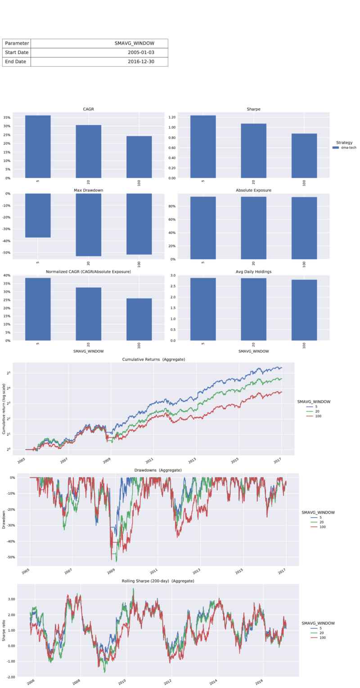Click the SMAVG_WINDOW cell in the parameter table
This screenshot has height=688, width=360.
point(134,43)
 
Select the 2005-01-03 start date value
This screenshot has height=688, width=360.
point(141,52)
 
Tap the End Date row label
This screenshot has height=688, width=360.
point(16,62)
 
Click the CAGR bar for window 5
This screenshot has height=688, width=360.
point(38,146)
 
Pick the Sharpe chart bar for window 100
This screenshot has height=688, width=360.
point(304,155)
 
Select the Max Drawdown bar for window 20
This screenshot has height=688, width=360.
point(88,225)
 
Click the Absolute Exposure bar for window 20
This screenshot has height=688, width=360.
point(253,228)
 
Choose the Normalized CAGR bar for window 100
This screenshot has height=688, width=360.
point(139,319)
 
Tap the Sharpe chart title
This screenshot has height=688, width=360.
point(254,109)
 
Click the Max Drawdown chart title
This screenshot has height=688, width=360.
point(88,190)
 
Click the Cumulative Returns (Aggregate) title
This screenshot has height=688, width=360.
point(153,359)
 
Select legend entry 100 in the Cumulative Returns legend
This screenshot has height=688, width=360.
point(319,416)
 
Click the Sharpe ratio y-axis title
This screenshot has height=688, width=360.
point(4,630)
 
